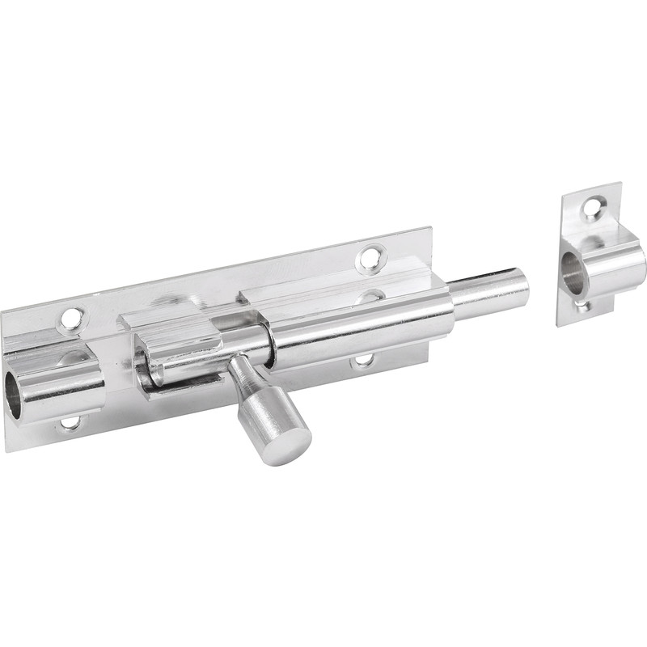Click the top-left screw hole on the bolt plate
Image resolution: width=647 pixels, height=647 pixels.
[71, 318]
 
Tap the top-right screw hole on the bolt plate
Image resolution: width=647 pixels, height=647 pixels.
[370, 258]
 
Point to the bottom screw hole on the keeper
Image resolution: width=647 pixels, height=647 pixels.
[580, 306]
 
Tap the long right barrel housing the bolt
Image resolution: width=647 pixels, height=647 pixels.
[364, 323]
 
